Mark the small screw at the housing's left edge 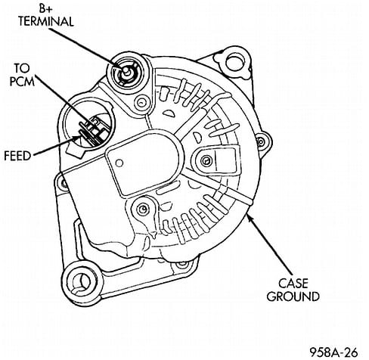[x=58, y=182]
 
